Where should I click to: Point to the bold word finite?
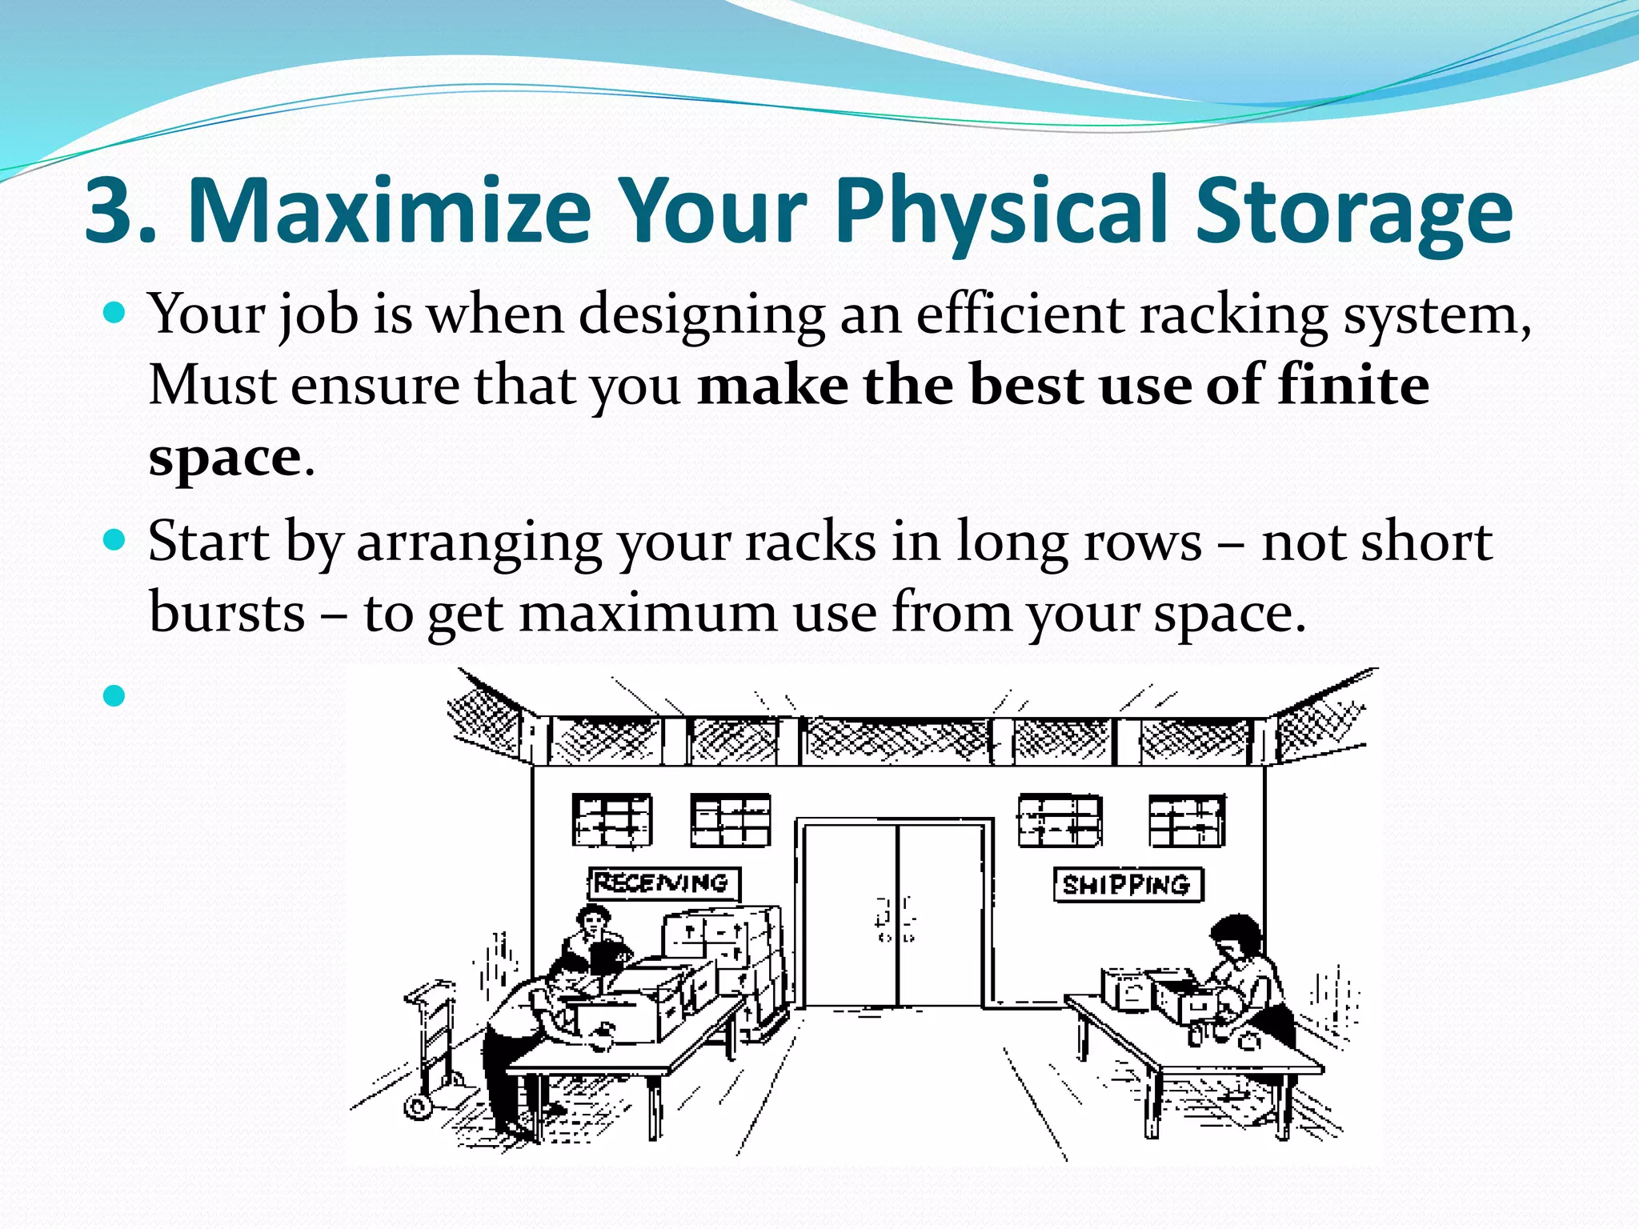[x=1352, y=385]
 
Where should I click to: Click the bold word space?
[x=224, y=457]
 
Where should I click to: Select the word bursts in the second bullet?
[x=227, y=612]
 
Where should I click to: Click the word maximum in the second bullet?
[x=648, y=612]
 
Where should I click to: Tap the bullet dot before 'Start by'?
[x=115, y=540]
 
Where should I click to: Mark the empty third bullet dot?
[x=115, y=695]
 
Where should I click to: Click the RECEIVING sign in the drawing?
[x=663, y=883]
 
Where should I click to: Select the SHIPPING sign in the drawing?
[x=1128, y=885]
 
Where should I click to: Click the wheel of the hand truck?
[x=417, y=1108]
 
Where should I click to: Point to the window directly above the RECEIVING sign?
[x=612, y=820]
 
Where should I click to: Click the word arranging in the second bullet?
[x=479, y=543]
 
